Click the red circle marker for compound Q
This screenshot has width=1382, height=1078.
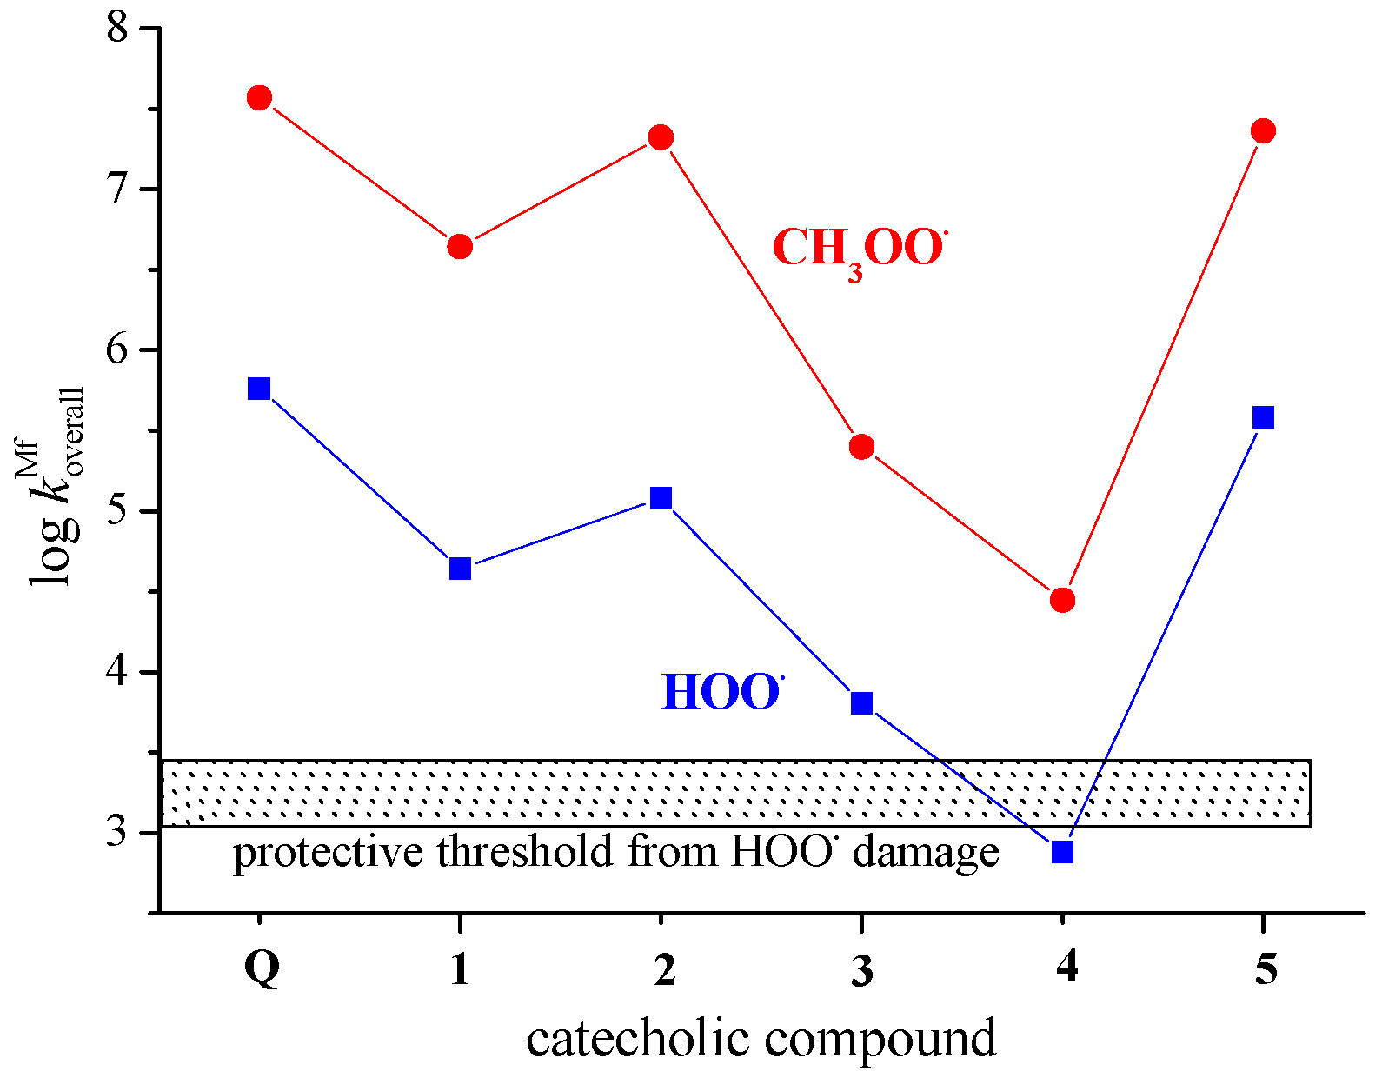(259, 97)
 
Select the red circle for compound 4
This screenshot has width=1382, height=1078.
(1062, 600)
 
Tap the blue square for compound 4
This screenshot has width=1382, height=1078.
(1062, 852)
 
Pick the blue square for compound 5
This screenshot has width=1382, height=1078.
(1263, 417)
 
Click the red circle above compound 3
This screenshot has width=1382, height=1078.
(861, 448)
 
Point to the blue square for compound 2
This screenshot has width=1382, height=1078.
(661, 498)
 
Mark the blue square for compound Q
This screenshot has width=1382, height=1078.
(259, 388)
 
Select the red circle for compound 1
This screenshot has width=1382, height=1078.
(460, 247)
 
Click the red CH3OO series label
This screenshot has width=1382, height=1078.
(859, 250)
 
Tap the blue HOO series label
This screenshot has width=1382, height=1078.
(721, 693)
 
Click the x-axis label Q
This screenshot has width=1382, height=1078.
(262, 967)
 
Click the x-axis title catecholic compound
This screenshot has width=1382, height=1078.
(761, 1040)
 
